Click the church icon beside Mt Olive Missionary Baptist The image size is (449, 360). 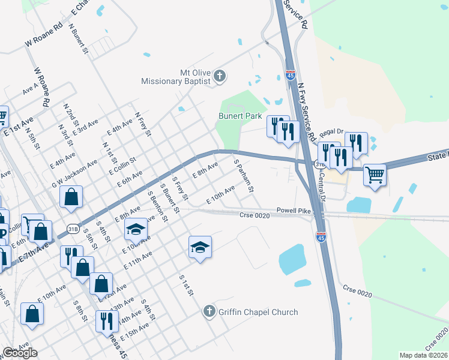(220, 76)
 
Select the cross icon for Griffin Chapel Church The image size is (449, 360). (209, 311)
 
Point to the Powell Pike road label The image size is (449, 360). (294, 211)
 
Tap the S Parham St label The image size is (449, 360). (244, 174)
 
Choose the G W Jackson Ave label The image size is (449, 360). (74, 173)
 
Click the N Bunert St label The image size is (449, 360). (79, 39)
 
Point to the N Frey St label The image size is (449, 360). (142, 125)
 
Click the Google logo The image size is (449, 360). (20, 353)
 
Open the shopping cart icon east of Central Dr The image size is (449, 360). (375, 175)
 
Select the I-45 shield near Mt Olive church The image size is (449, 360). (291, 76)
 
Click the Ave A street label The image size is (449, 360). (30, 89)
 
